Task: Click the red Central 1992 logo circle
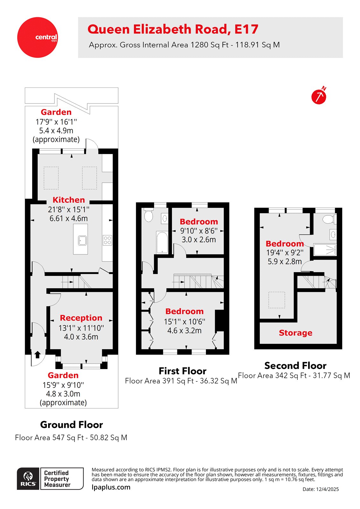[38, 37]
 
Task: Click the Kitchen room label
[69, 200]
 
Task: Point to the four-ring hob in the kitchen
[108, 240]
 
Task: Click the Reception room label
[81, 318]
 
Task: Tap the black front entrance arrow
[37, 354]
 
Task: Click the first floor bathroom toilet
[148, 215]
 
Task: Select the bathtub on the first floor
[162, 242]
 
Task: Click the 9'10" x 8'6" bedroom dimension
[199, 231]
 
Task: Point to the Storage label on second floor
[295, 333]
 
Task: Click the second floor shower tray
[325, 250]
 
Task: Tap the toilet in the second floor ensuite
[328, 219]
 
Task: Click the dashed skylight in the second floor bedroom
[277, 300]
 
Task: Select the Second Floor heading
[295, 366]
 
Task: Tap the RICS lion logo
[28, 478]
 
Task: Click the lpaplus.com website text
[111, 487]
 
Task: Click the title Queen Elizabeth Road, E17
[173, 30]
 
